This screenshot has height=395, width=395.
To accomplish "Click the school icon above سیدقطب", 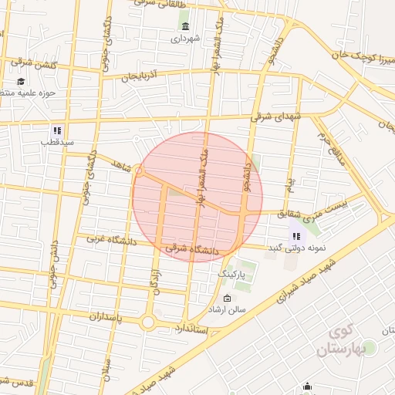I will click(x=56, y=130).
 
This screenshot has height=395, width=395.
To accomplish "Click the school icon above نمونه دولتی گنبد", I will click(x=296, y=235).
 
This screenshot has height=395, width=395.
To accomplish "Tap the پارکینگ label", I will click(x=231, y=274).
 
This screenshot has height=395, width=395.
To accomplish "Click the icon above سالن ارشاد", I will click(x=226, y=298).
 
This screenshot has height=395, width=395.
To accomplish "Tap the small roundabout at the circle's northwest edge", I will click(x=142, y=170).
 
